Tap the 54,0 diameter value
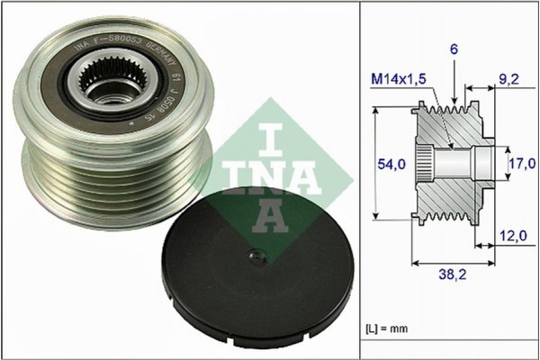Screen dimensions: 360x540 click(x=384, y=164)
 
